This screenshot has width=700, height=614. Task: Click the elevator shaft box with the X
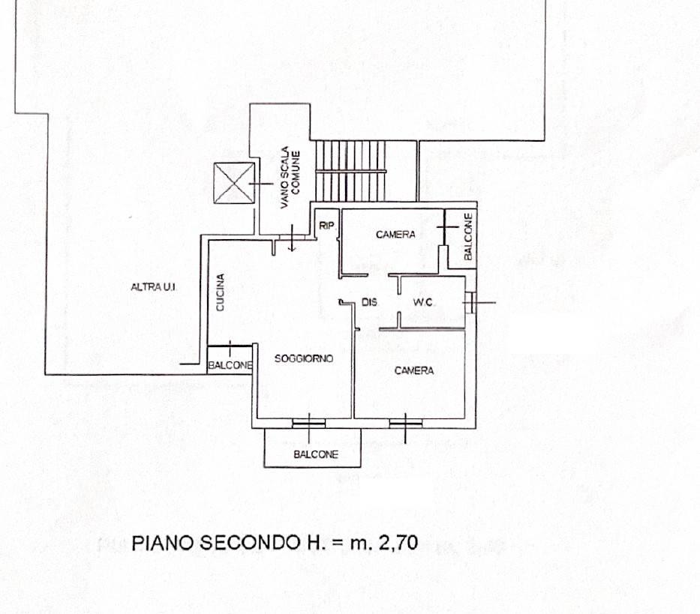pyautogui.click(x=234, y=183)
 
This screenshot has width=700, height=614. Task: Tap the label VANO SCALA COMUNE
pyautogui.click(x=290, y=177)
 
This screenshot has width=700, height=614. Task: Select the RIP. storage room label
pyautogui.click(x=327, y=226)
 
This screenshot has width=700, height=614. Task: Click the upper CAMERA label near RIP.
pyautogui.click(x=395, y=234)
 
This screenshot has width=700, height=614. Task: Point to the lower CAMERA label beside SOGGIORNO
pyautogui.click(x=414, y=370)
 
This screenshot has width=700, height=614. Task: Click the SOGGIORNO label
pyautogui.click(x=304, y=358)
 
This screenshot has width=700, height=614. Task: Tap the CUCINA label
pyautogui.click(x=220, y=292)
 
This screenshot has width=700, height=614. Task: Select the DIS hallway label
pyautogui.click(x=369, y=303)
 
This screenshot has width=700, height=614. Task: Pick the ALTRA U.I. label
pyautogui.click(x=153, y=287)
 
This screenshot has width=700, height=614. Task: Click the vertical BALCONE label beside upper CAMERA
pyautogui.click(x=468, y=236)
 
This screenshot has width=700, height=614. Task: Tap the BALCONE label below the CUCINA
pyautogui.click(x=230, y=365)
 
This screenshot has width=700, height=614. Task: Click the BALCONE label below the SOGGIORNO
pyautogui.click(x=316, y=455)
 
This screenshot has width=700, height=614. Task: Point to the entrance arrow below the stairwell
pyautogui.click(x=292, y=238)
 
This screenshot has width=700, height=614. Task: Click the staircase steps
pyautogui.click(x=350, y=171)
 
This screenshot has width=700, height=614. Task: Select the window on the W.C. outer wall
pyautogui.click(x=471, y=303)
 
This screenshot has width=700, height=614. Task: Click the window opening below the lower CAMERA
pyautogui.click(x=405, y=422)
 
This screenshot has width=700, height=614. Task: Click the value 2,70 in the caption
pyautogui.click(x=398, y=543)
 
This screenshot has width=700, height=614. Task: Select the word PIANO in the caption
pyautogui.click(x=163, y=543)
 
